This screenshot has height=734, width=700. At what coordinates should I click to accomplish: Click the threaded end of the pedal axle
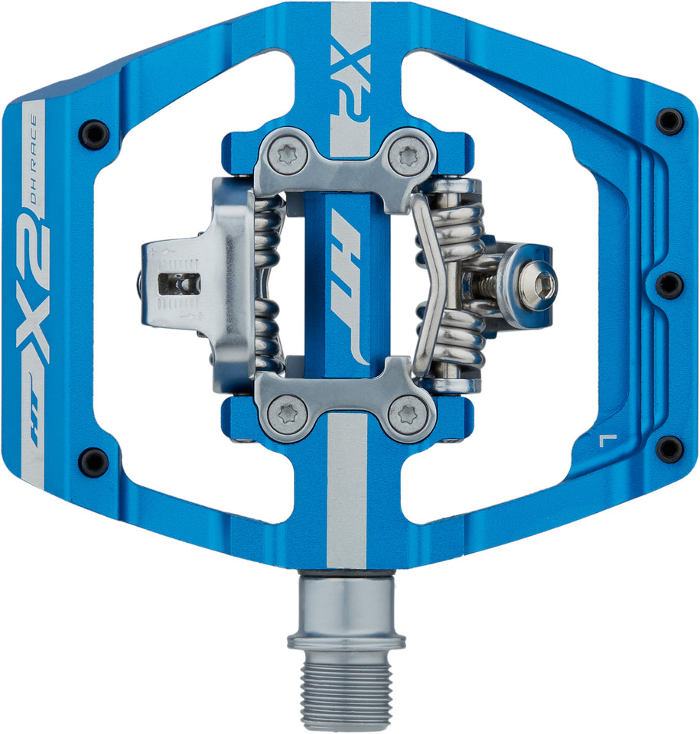point(347,692)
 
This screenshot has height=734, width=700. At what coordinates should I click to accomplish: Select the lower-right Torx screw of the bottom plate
point(402,415)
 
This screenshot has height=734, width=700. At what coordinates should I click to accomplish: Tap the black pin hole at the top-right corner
point(669,121)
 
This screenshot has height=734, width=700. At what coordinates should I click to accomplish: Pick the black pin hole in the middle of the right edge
point(669,284)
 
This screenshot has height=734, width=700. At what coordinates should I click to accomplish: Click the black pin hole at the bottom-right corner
point(669,449)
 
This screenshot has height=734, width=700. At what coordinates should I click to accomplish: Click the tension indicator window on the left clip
point(178,284)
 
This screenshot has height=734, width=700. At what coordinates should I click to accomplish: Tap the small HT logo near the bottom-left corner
point(34,434)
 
